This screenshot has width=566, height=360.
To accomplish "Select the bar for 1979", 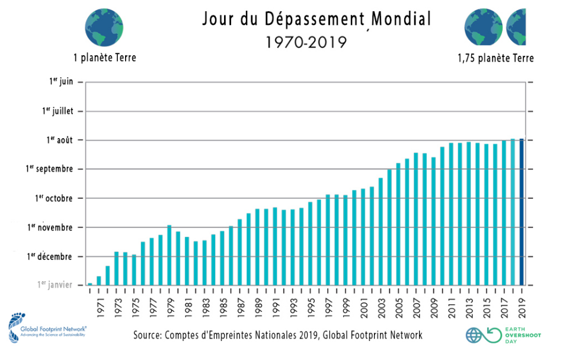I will (x=170, y=255).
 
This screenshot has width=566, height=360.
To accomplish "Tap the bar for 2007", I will (x=416, y=219).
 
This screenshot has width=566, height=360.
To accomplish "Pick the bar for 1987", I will (x=240, y=252).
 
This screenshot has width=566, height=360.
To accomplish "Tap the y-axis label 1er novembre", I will (x=50, y=227).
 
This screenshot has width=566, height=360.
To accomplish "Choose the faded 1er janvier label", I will (x=55, y=285).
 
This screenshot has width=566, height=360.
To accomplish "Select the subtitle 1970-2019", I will (x=306, y=43).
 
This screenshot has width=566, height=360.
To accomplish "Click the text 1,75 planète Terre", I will (x=495, y=58).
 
